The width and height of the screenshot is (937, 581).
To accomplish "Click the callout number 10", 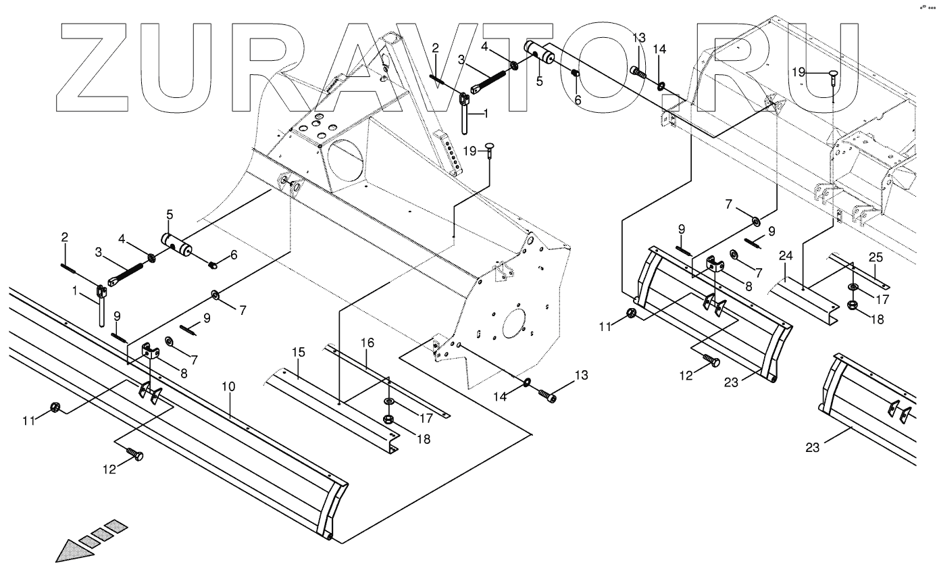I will (x=228, y=387).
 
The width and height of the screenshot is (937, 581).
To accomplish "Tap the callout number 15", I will (x=299, y=352).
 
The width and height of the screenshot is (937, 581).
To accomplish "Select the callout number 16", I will (x=367, y=343).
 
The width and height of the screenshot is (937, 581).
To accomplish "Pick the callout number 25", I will (x=876, y=257).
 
